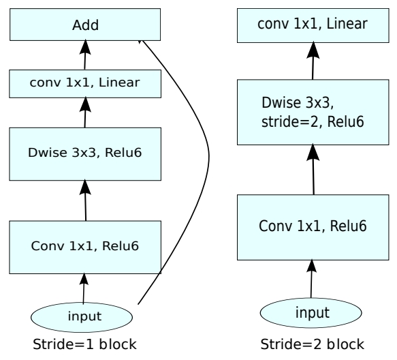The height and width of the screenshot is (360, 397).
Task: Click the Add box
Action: pos(85,25)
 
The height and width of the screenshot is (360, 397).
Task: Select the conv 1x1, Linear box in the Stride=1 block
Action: pos(85,84)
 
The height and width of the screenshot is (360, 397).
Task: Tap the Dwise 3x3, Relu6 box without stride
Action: pos(85,154)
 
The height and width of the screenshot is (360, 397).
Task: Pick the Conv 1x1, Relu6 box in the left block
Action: pos(85,247)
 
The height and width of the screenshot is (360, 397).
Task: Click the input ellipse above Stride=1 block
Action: pos(82,317)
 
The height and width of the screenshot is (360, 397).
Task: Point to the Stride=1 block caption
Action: pos(84,344)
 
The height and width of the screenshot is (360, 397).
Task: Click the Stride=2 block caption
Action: pos(312,344)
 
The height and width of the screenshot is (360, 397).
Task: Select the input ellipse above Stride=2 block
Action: pos(311,312)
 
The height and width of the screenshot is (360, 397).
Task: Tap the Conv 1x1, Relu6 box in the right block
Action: pos(313,227)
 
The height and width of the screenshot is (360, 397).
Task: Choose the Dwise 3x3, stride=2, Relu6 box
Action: pos(313,112)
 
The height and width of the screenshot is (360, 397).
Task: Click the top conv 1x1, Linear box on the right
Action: pos(313,25)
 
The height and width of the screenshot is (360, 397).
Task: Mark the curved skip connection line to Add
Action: pos(208,157)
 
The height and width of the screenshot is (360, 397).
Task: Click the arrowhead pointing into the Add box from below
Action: pos(85,46)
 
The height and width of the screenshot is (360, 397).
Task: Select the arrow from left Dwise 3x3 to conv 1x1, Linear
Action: pos(85,112)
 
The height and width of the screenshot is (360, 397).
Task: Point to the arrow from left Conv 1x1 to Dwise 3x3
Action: pos(85,200)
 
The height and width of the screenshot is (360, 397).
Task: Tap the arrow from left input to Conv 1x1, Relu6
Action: pos(84,288)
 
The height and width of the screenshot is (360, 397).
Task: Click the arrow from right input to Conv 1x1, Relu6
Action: pos(311,279)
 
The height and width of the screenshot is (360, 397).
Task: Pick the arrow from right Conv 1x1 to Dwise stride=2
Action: pos(313,169)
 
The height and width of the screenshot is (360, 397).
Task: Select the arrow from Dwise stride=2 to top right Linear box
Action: pos(313,61)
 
